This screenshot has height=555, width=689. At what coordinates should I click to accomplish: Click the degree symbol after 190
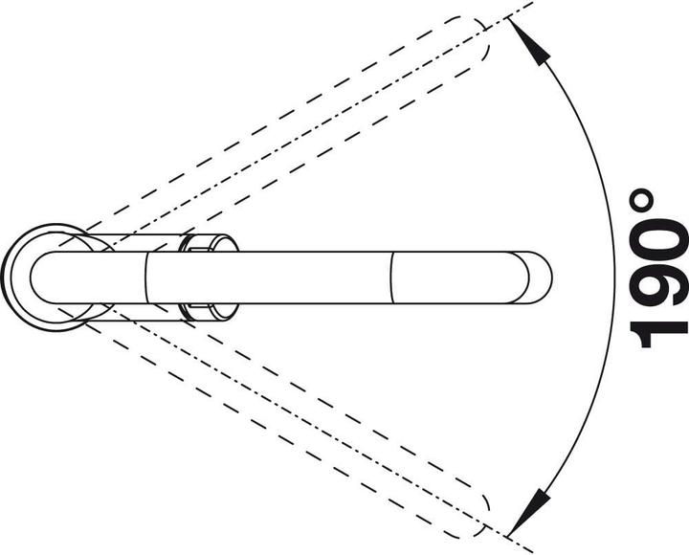(x=640, y=200)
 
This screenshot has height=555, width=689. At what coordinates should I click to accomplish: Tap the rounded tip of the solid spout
(x=538, y=277)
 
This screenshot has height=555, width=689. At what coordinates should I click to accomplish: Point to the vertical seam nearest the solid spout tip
(x=391, y=277)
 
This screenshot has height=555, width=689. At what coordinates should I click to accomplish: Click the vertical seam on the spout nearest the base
(x=145, y=277)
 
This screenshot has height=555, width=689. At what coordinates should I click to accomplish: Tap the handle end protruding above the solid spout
(x=210, y=242)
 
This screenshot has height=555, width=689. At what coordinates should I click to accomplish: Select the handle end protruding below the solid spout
(x=210, y=312)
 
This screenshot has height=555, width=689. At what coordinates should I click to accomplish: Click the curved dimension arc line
(x=614, y=277)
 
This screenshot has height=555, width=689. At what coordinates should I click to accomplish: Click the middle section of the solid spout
(x=268, y=277)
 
